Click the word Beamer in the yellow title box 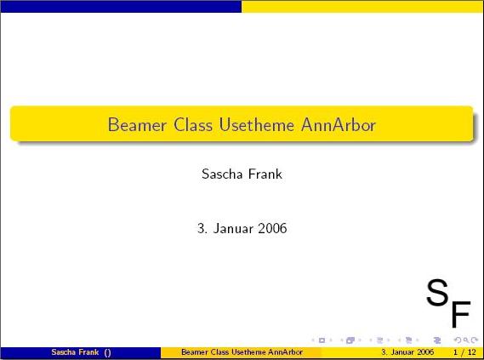pyautogui.click(x=137, y=125)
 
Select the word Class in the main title pyautogui.click(x=193, y=125)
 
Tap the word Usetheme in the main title pyautogui.click(x=257, y=125)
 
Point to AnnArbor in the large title pyautogui.click(x=339, y=125)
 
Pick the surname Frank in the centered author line pyautogui.click(x=265, y=174)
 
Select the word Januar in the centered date pyautogui.click(x=232, y=228)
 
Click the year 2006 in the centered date pyautogui.click(x=272, y=228)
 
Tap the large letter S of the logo pyautogui.click(x=437, y=292)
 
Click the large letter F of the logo pyautogui.click(x=461, y=314)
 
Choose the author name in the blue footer pyautogui.click(x=75, y=352)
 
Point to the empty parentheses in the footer pyautogui.click(x=107, y=352)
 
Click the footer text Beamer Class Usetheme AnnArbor pyautogui.click(x=242, y=352)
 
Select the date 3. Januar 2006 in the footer pyautogui.click(x=407, y=352)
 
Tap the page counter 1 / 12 pyautogui.click(x=464, y=352)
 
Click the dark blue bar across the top pyautogui.click(x=121, y=7)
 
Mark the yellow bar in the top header pyautogui.click(x=362, y=7)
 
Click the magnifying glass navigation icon pyautogui.click(x=466, y=340)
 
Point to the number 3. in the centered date pyautogui.click(x=202, y=228)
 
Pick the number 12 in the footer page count pyautogui.click(x=471, y=352)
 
